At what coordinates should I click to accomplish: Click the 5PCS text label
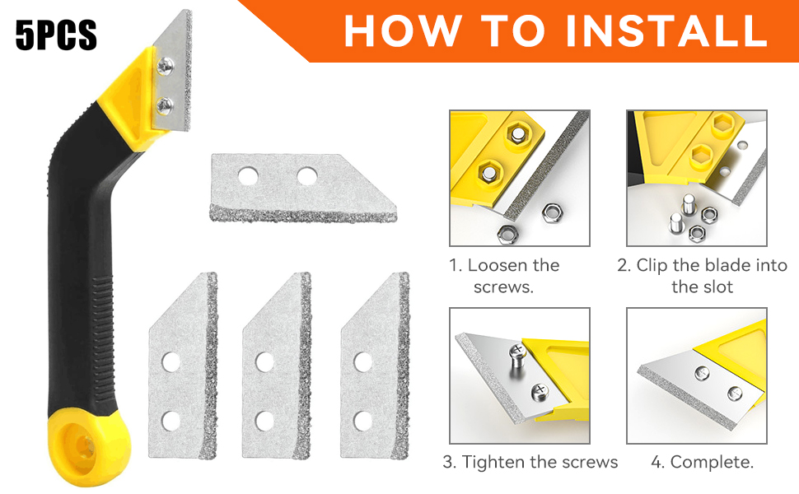pyautogui.click(x=56, y=35)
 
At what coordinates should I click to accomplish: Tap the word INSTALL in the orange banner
pyautogui.click(x=666, y=30)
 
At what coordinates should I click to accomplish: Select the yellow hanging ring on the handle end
pyautogui.click(x=89, y=447)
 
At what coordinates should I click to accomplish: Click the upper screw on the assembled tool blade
pyautogui.click(x=165, y=66)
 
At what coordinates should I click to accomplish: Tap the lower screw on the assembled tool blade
pyautogui.click(x=165, y=105)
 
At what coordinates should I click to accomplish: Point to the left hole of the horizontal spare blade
pyautogui.click(x=248, y=176)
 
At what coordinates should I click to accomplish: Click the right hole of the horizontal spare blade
pyautogui.click(x=307, y=176)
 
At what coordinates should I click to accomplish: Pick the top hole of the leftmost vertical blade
pyautogui.click(x=171, y=362)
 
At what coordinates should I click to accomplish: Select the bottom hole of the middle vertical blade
pyautogui.click(x=265, y=421)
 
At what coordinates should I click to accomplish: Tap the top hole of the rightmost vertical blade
pyautogui.click(x=362, y=362)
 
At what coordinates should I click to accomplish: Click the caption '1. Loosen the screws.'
pyautogui.click(x=504, y=276)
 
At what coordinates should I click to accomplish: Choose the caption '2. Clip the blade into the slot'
pyautogui.click(x=702, y=276)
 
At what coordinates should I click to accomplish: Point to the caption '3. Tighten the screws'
pyautogui.click(x=530, y=462)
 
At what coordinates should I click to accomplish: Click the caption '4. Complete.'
pyautogui.click(x=702, y=462)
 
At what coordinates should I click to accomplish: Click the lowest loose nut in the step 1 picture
pyautogui.click(x=507, y=234)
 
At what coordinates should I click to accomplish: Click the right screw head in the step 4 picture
pyautogui.click(x=735, y=394)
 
